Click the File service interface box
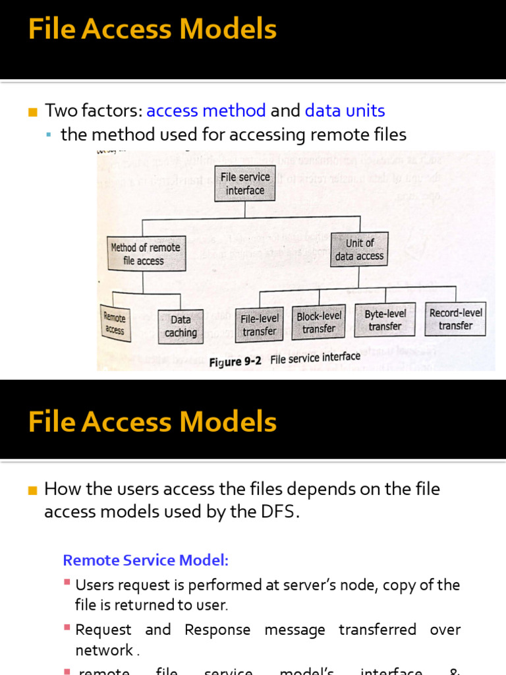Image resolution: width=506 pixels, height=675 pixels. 244,183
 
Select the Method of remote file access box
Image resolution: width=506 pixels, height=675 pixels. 146,254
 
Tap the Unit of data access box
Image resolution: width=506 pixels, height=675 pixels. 360,249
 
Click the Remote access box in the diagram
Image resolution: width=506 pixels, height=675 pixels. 115,324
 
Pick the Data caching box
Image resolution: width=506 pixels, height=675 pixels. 181,326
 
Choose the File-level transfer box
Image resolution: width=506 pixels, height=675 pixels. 260,325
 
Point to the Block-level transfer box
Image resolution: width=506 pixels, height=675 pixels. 319,322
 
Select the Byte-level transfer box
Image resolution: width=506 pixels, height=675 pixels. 385,320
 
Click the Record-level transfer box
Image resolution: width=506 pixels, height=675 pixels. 456,319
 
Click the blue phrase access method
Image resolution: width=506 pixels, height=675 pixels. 206,111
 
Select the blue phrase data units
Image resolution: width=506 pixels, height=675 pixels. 345,111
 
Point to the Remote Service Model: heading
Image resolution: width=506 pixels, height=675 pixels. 146,560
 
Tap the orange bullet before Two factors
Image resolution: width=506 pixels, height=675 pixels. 33,111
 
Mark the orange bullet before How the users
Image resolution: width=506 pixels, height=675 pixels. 33,490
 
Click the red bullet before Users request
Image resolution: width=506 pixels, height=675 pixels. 67,583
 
